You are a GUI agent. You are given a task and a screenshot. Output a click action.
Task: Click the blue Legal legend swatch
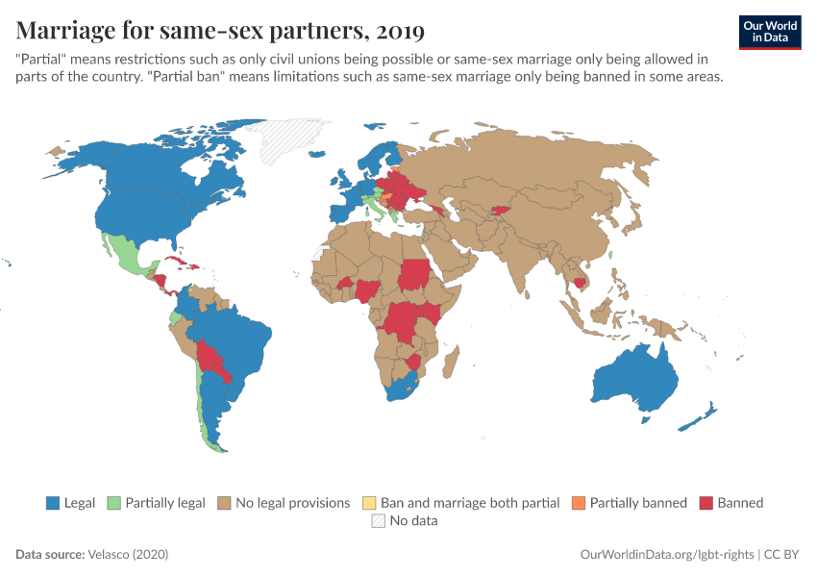pos(53,503)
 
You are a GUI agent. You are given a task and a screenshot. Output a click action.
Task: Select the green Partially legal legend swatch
pos(112,503)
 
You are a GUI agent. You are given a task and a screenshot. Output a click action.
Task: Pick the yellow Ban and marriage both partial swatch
pos(368,503)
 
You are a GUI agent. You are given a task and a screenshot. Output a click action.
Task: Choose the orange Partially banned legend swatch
pos(578,503)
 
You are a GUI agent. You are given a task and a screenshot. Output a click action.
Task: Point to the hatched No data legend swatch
pos(377,521)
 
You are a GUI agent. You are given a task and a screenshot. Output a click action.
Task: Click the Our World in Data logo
pos(770,32)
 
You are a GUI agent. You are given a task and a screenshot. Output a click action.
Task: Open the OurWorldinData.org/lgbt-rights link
pos(667,555)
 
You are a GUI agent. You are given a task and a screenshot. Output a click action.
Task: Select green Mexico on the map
pos(126,255)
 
